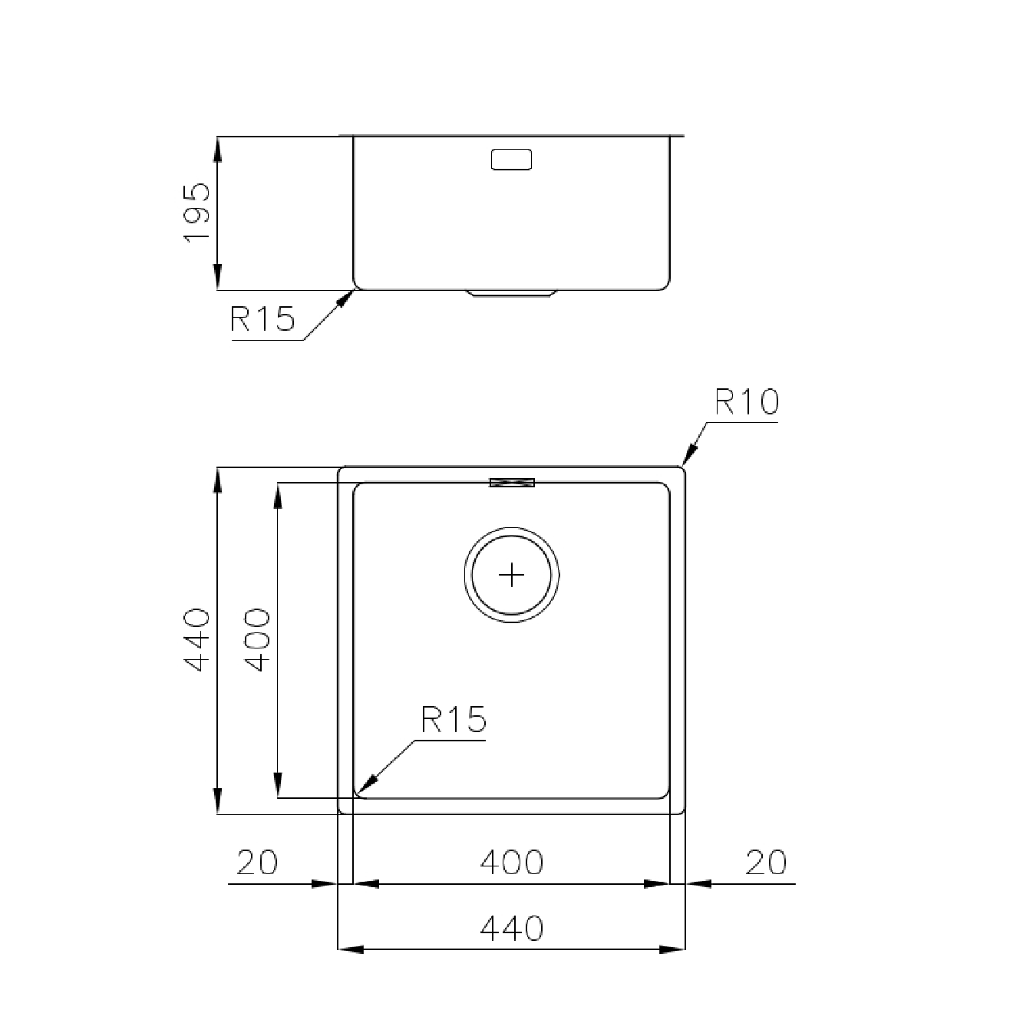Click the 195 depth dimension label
196,213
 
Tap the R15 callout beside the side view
262,318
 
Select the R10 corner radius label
747,402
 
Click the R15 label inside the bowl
454,720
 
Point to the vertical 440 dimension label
196,640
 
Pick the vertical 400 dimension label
257,640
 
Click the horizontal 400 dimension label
512,863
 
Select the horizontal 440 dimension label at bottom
512,929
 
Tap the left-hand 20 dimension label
257,863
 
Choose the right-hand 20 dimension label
766,863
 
